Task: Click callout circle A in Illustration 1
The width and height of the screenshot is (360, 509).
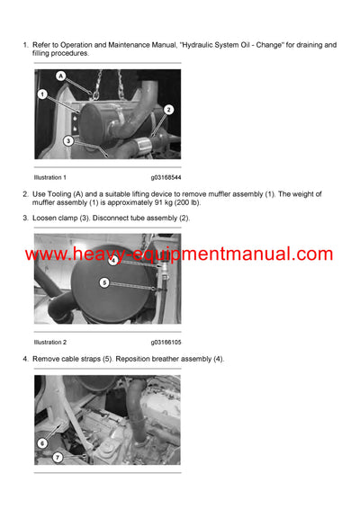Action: (61, 77)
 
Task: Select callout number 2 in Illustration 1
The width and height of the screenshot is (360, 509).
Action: (168, 109)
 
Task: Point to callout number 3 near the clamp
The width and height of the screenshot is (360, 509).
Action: (67, 140)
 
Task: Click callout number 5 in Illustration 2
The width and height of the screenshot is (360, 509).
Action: (103, 282)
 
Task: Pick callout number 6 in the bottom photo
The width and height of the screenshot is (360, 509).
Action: (42, 443)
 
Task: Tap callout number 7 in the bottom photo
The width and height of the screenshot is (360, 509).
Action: (56, 458)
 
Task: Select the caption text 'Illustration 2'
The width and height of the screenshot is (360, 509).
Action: (50, 342)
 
